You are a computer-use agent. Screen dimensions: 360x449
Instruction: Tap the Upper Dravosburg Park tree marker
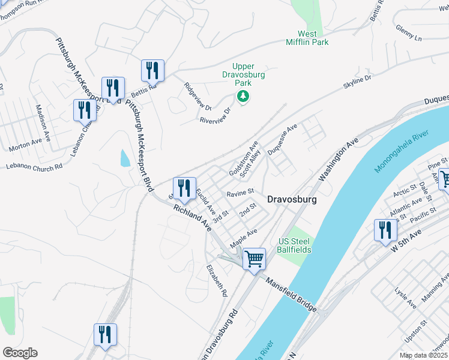pos(243,96)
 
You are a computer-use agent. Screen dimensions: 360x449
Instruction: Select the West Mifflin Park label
pos(314,38)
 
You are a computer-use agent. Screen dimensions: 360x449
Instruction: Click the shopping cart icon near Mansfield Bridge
pos(255,259)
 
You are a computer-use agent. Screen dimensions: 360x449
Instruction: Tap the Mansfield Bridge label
pos(291,295)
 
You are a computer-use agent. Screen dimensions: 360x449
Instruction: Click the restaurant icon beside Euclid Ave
pos(185,187)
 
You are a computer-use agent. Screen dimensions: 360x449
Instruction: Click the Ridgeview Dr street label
pos(198,96)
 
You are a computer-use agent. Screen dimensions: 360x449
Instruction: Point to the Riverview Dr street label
pos(215,116)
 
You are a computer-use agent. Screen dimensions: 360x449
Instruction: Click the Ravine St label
pos(241,193)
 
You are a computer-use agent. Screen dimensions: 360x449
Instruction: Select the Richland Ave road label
pos(193,217)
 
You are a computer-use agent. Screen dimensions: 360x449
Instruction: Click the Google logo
pos(20,352)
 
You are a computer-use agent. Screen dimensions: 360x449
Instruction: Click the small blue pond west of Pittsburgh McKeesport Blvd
pos(125,158)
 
